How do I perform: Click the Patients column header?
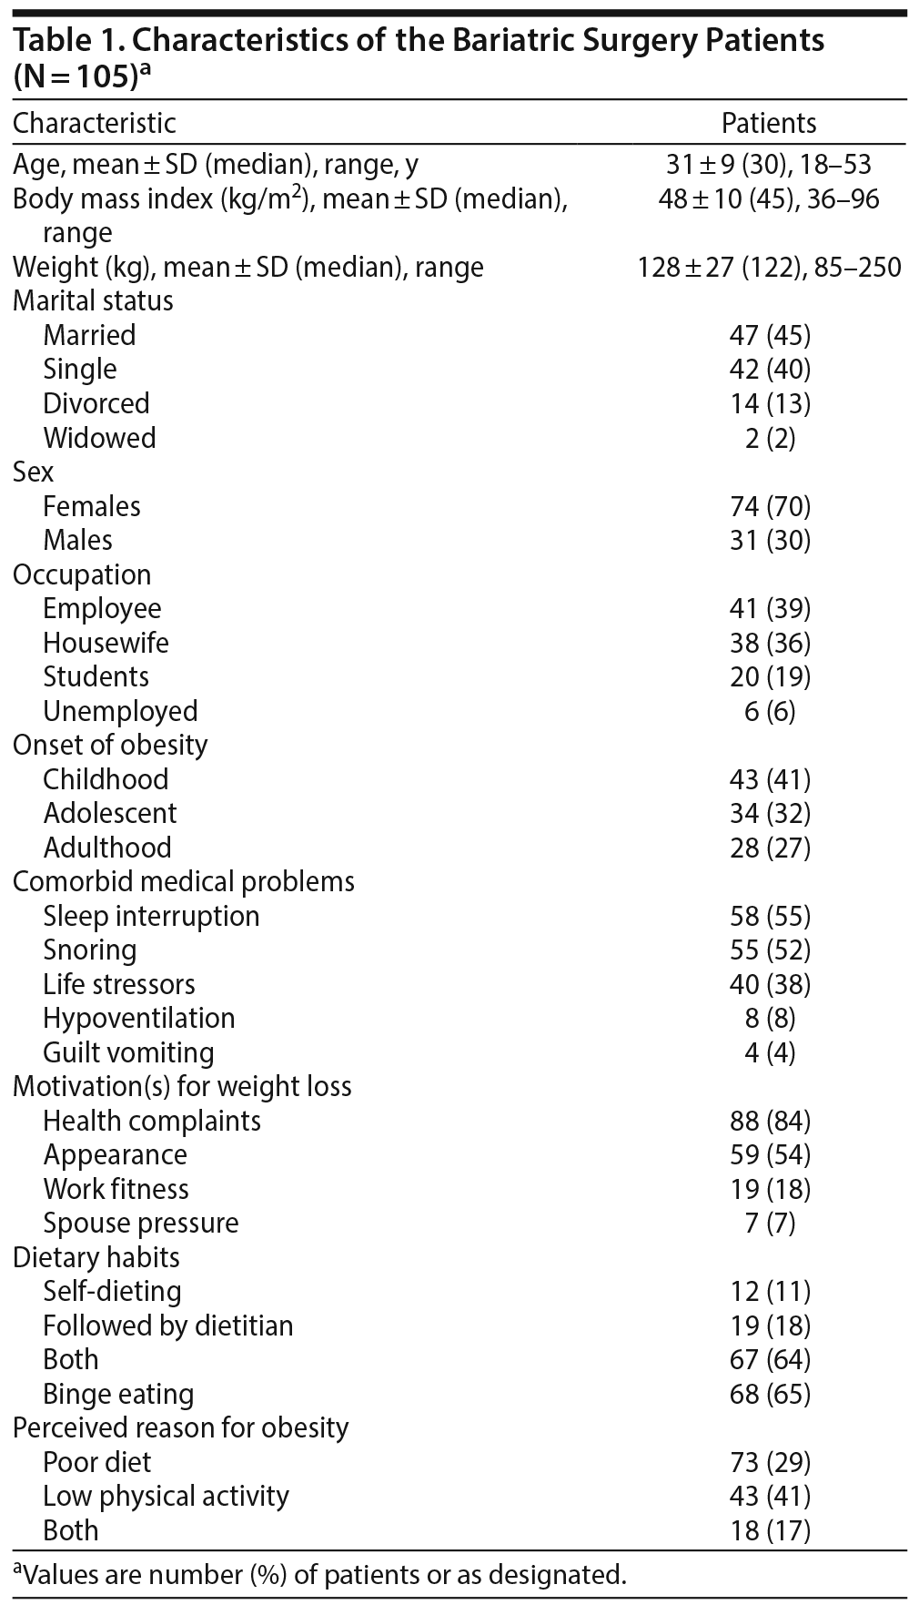click(769, 123)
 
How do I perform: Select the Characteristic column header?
click(95, 123)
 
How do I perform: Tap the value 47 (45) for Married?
click(769, 335)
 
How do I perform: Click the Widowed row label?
click(99, 438)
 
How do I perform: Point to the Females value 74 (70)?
click(769, 506)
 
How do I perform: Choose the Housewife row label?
click(106, 643)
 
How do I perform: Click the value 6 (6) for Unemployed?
click(769, 711)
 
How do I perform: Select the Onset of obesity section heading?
click(110, 745)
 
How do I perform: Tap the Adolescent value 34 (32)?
click(769, 813)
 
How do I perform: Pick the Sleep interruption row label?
click(151, 916)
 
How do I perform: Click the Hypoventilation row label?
click(138, 1018)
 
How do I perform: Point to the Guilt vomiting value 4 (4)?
click(769, 1052)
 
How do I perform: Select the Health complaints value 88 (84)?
click(769, 1121)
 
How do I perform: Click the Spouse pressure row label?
click(141, 1223)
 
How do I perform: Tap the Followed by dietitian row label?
click(168, 1326)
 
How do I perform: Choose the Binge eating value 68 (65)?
click(769, 1394)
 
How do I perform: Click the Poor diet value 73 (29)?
click(769, 1462)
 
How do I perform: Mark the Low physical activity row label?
click(166, 1496)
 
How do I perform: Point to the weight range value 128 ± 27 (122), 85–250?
click(769, 267)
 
